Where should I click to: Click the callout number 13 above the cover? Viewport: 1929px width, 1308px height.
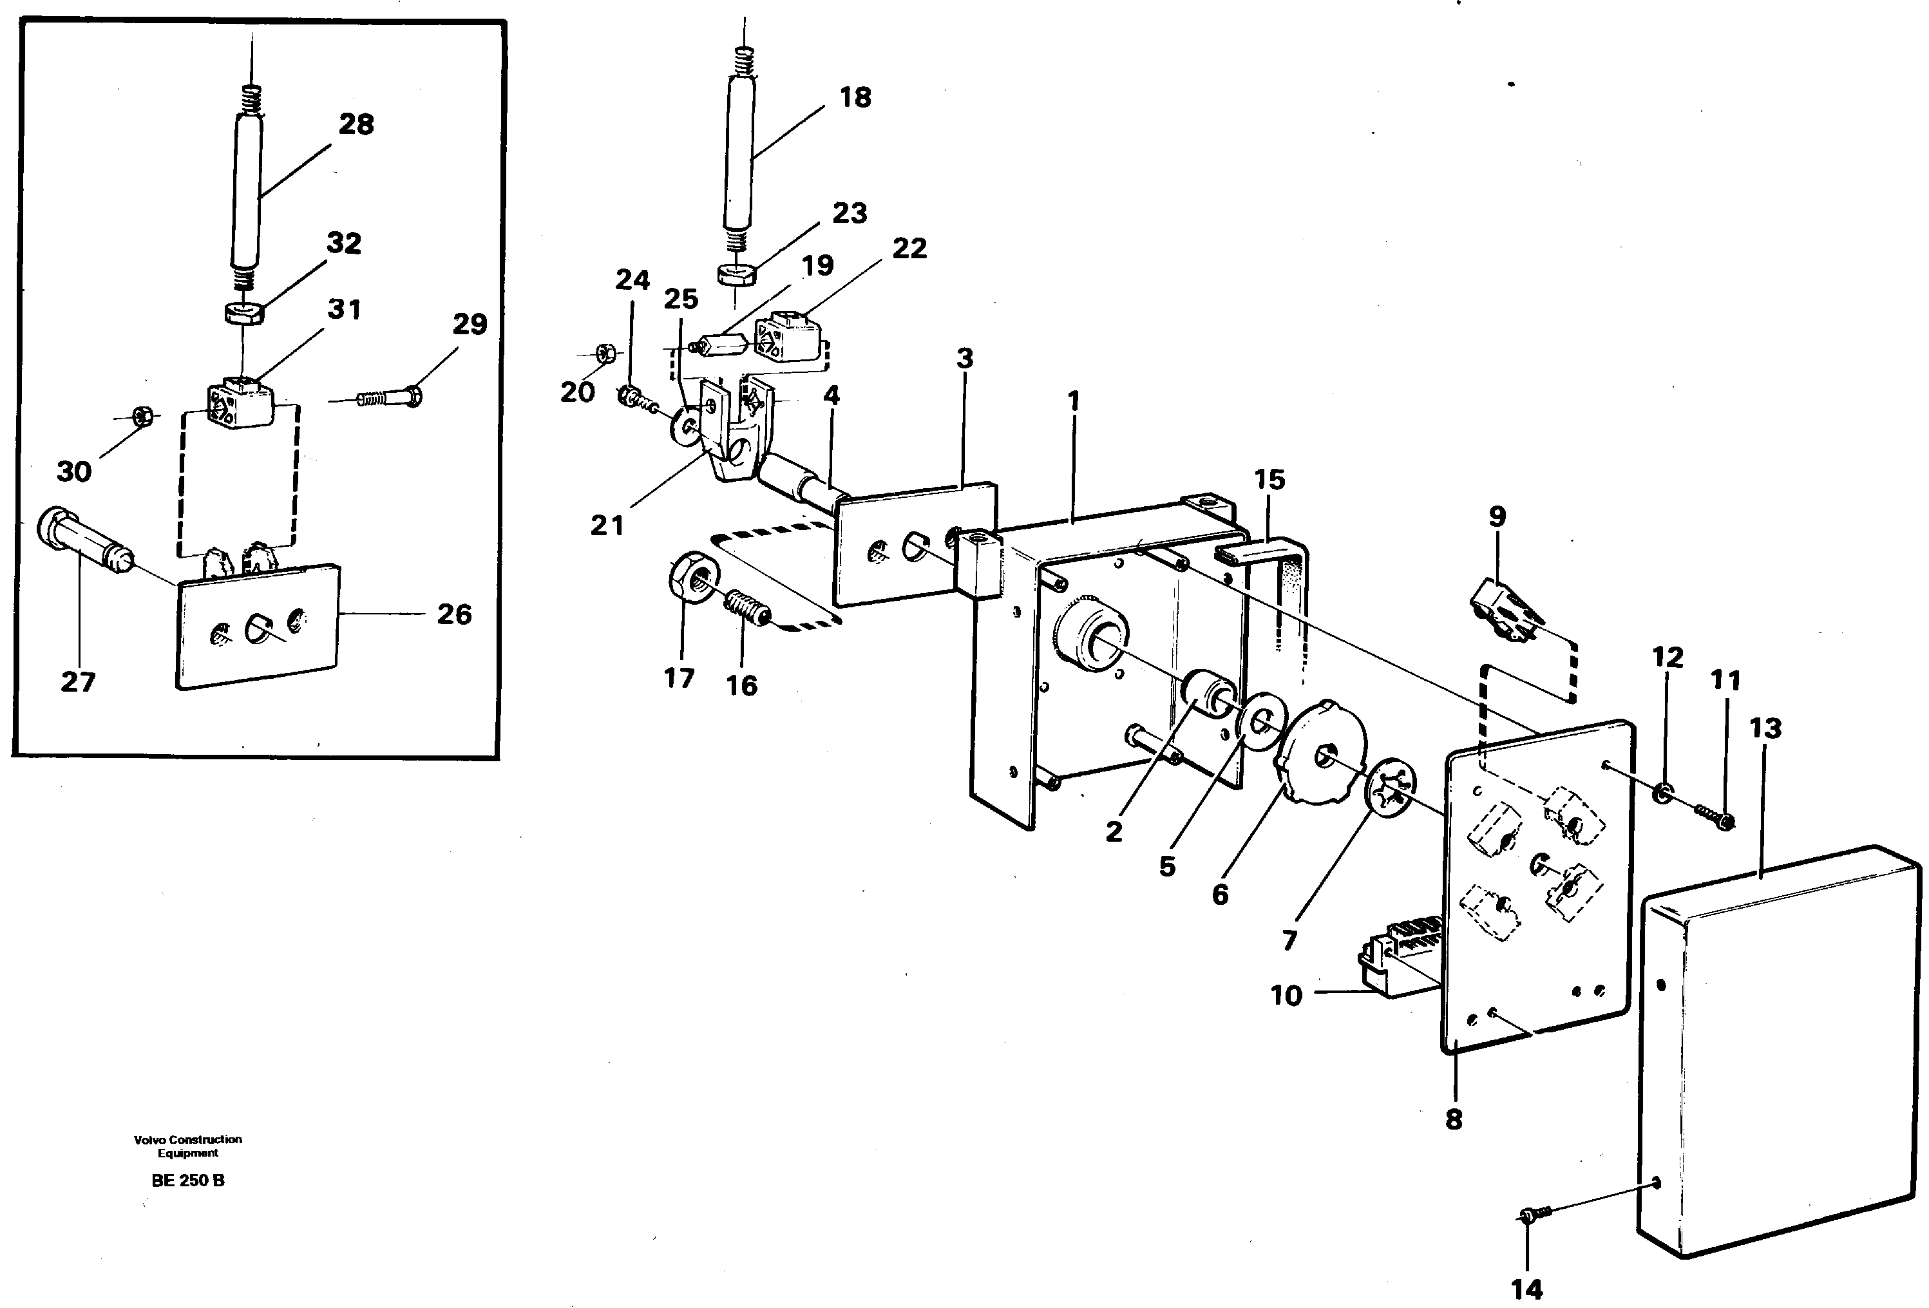[x=1765, y=728]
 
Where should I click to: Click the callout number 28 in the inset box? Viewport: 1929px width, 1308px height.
[x=356, y=124]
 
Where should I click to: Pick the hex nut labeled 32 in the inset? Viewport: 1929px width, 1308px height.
[x=244, y=314]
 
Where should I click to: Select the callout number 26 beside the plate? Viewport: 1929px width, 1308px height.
[x=454, y=614]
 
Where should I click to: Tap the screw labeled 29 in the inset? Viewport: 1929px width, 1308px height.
[x=390, y=399]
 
